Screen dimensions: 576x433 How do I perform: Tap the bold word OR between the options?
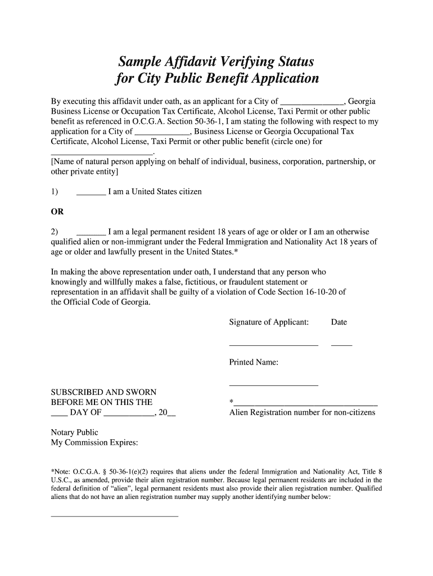[x=57, y=212]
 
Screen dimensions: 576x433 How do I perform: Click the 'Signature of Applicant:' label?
[x=269, y=322]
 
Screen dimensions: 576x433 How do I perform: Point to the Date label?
[x=339, y=322]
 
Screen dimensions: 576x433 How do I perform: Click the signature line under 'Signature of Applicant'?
[x=273, y=344]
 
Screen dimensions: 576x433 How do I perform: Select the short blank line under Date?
[x=341, y=344]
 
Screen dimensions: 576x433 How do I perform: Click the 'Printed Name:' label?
[x=254, y=363]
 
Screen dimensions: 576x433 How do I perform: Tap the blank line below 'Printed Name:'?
[x=273, y=385]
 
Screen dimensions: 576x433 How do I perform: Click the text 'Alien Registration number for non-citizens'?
[x=302, y=413]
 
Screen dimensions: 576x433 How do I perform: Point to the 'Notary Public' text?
[x=74, y=433]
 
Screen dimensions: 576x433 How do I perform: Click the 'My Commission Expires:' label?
[x=94, y=443]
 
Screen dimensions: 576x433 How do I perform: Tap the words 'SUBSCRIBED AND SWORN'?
[x=103, y=392]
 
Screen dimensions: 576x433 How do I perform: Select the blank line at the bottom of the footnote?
[x=114, y=515]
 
